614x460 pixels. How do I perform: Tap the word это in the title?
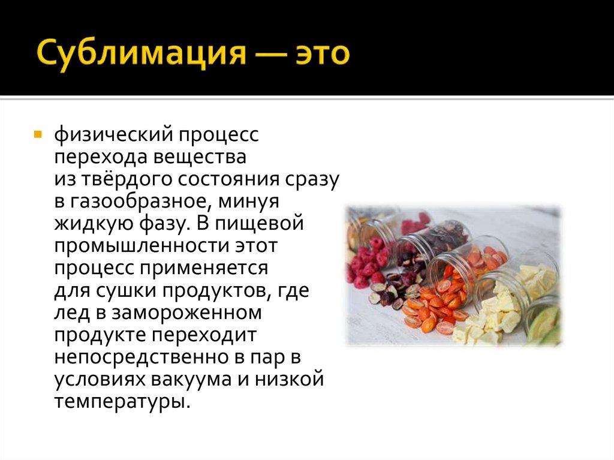pyautogui.click(x=320, y=55)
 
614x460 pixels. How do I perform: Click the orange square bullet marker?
pyautogui.click(x=38, y=134)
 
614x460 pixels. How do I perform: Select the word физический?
pyautogui.click(x=115, y=136)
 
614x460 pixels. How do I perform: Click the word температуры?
pyautogui.click(x=122, y=401)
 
